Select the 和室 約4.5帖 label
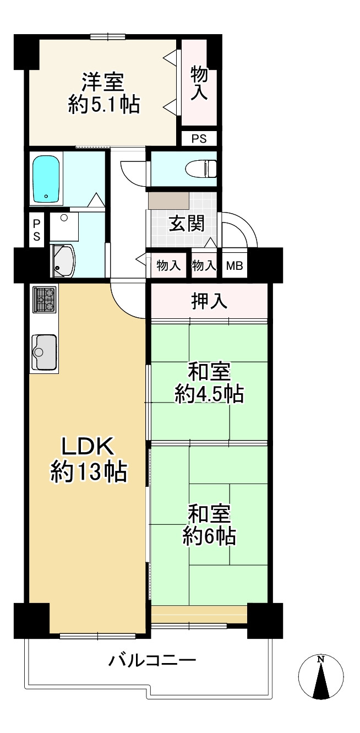pos(209,383)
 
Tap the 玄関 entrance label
pos(186,224)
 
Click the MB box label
pos(235,266)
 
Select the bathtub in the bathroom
pos(47,178)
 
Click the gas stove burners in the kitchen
pos(43,299)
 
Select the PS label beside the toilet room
pos(199,139)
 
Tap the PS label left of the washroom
pos(36,230)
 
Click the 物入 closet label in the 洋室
pos(199,83)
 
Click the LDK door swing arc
pos(128,300)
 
